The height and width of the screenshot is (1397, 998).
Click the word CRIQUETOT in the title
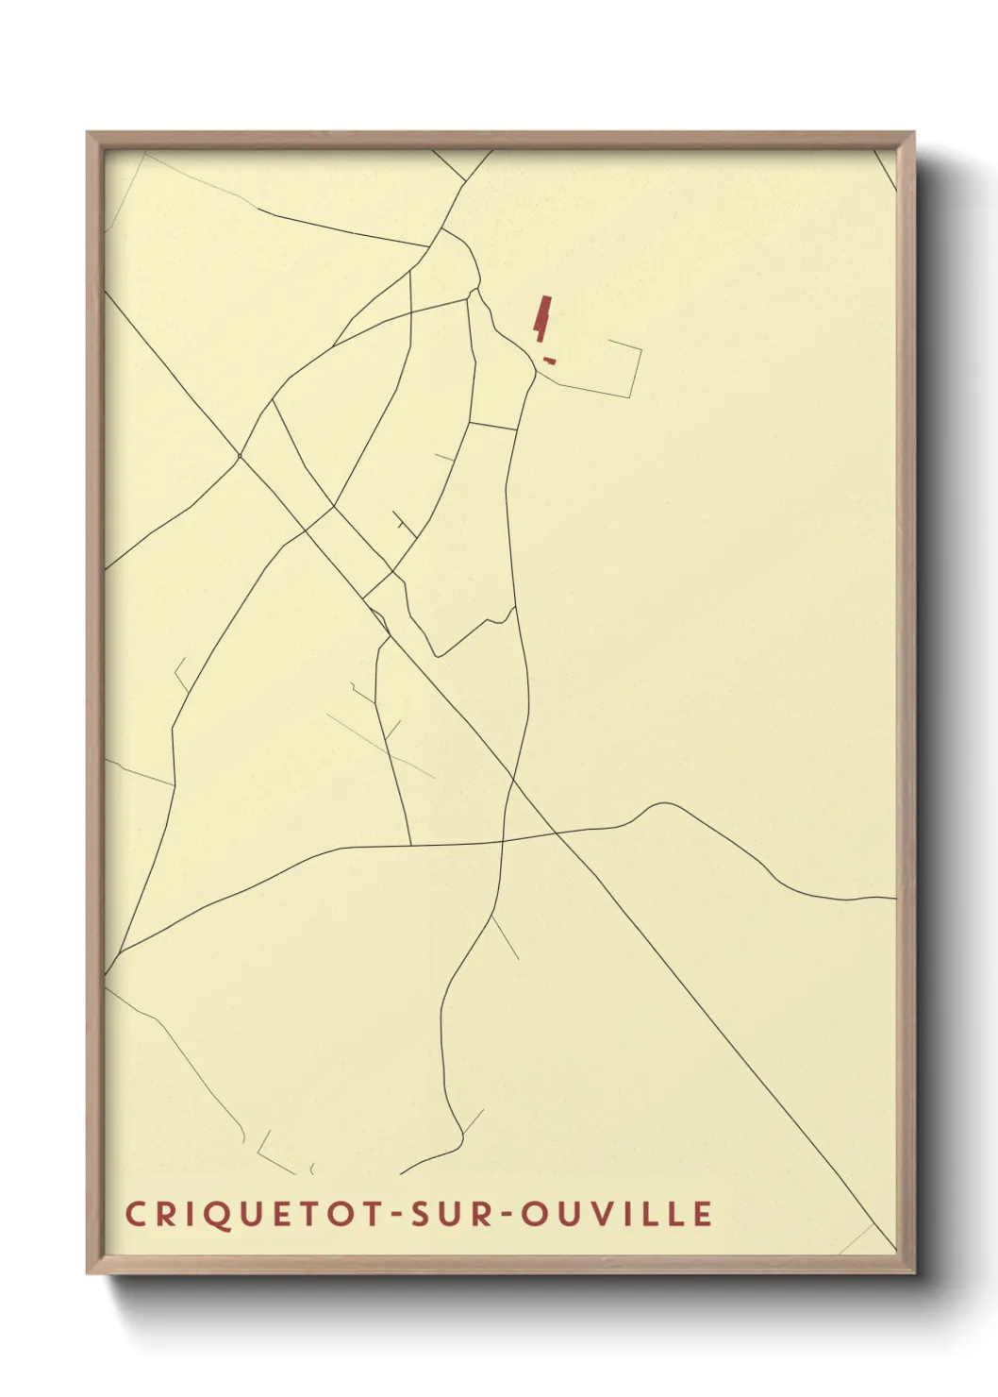click(254, 1214)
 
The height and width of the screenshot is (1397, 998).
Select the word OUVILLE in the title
click(618, 1214)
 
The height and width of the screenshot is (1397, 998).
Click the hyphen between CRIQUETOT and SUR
click(395, 1215)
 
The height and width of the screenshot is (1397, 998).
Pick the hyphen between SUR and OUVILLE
click(507, 1215)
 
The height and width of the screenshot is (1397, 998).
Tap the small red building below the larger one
click(548, 361)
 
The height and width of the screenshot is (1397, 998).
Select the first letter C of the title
click(134, 1214)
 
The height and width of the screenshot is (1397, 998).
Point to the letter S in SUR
click(418, 1214)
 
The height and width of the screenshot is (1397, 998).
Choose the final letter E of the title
click(703, 1214)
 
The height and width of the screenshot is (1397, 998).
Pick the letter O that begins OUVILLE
click(534, 1214)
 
